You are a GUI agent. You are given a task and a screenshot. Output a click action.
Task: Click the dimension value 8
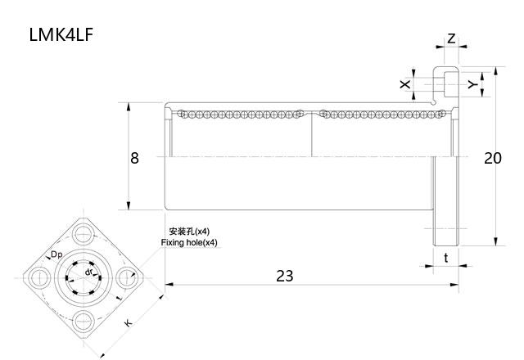pos(134,158)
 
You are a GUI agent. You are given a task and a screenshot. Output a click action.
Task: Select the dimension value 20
pos(492,158)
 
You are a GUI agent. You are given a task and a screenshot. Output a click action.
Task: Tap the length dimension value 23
pos(284,276)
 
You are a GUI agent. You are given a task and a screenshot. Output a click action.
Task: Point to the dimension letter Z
pos(451,39)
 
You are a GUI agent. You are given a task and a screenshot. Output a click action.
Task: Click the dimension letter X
pos(404,84)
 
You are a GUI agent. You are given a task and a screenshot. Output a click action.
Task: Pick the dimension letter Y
pos(472,84)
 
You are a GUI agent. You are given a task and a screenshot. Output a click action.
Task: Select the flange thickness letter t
pos(445,257)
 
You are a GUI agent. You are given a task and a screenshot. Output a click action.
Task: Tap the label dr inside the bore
pos(89,271)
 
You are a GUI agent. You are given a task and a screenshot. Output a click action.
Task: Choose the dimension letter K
pos(129,323)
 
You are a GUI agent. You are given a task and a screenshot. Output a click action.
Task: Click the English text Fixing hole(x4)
pos(189,243)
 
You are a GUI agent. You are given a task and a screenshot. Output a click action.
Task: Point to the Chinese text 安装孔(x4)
pos(189,232)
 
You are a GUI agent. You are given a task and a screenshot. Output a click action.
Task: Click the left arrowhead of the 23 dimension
pos(168,285)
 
